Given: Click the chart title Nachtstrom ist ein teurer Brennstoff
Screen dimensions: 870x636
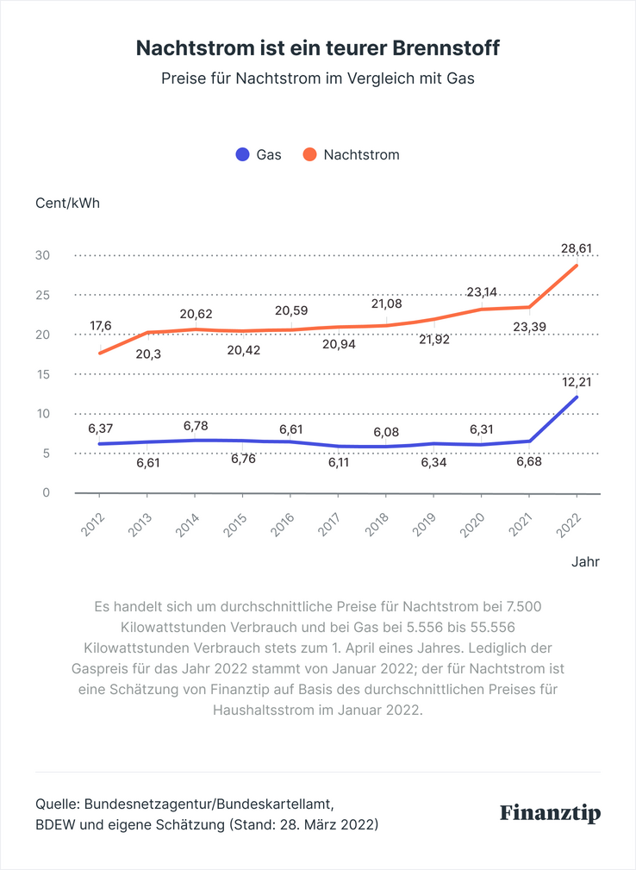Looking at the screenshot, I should [318, 48].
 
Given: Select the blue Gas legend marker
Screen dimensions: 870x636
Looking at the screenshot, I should [243, 155].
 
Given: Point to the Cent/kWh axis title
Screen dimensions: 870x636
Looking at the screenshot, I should [68, 203].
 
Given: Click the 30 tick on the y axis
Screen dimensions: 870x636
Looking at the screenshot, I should [42, 255].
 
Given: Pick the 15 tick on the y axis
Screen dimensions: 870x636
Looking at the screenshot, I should [42, 374].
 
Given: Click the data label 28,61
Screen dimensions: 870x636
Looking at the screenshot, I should [577, 248].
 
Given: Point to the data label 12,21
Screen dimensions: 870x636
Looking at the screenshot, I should [577, 381].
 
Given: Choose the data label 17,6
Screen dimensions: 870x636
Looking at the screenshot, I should [101, 326].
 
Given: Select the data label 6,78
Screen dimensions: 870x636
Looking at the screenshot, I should [196, 426].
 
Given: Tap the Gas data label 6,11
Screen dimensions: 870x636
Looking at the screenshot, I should [339, 463].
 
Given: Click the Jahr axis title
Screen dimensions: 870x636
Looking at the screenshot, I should [585, 561].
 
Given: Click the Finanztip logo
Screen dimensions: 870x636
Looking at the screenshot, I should [551, 813].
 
